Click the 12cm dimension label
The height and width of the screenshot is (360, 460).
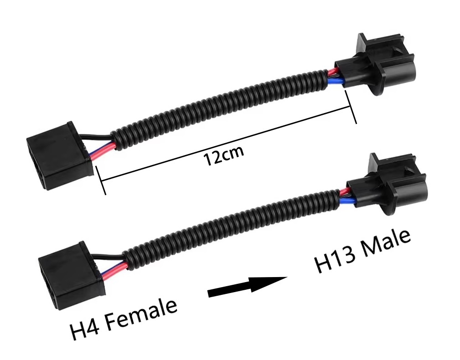(x=224, y=155)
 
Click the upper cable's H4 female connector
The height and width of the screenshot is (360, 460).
(x=61, y=155)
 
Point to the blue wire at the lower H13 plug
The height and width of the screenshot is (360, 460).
(x=348, y=201)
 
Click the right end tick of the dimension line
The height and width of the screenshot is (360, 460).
(x=351, y=107)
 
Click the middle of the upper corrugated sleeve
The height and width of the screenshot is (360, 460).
(x=220, y=110)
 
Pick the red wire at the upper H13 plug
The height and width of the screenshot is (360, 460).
(x=333, y=72)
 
